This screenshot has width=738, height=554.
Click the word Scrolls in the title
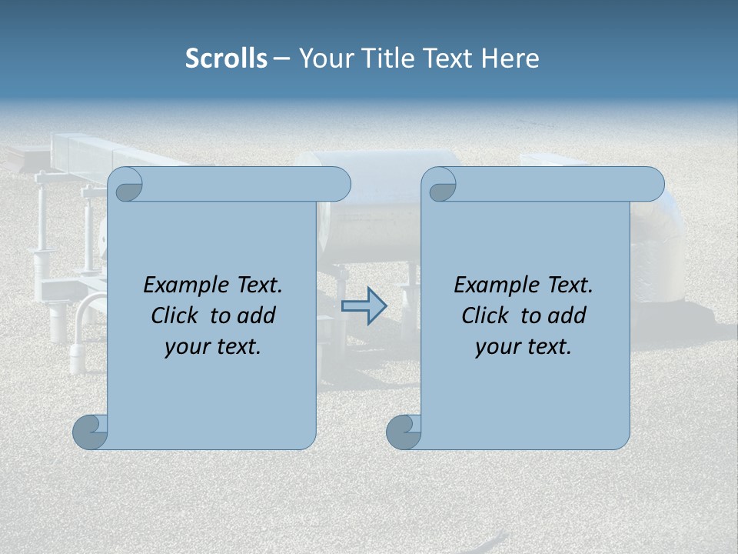click(226, 58)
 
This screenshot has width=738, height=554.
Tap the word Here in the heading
click(510, 58)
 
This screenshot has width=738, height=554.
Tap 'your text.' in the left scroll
click(213, 346)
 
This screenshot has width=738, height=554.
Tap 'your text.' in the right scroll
click(524, 346)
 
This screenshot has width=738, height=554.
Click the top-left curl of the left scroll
click(126, 185)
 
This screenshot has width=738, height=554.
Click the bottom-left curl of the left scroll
click(91, 432)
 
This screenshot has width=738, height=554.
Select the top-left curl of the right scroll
click(440, 185)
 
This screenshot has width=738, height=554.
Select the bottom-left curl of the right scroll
click(404, 432)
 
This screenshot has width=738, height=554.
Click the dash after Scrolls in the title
click(281, 58)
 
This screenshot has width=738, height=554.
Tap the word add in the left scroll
click(256, 315)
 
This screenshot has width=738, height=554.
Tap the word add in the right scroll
click(567, 315)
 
